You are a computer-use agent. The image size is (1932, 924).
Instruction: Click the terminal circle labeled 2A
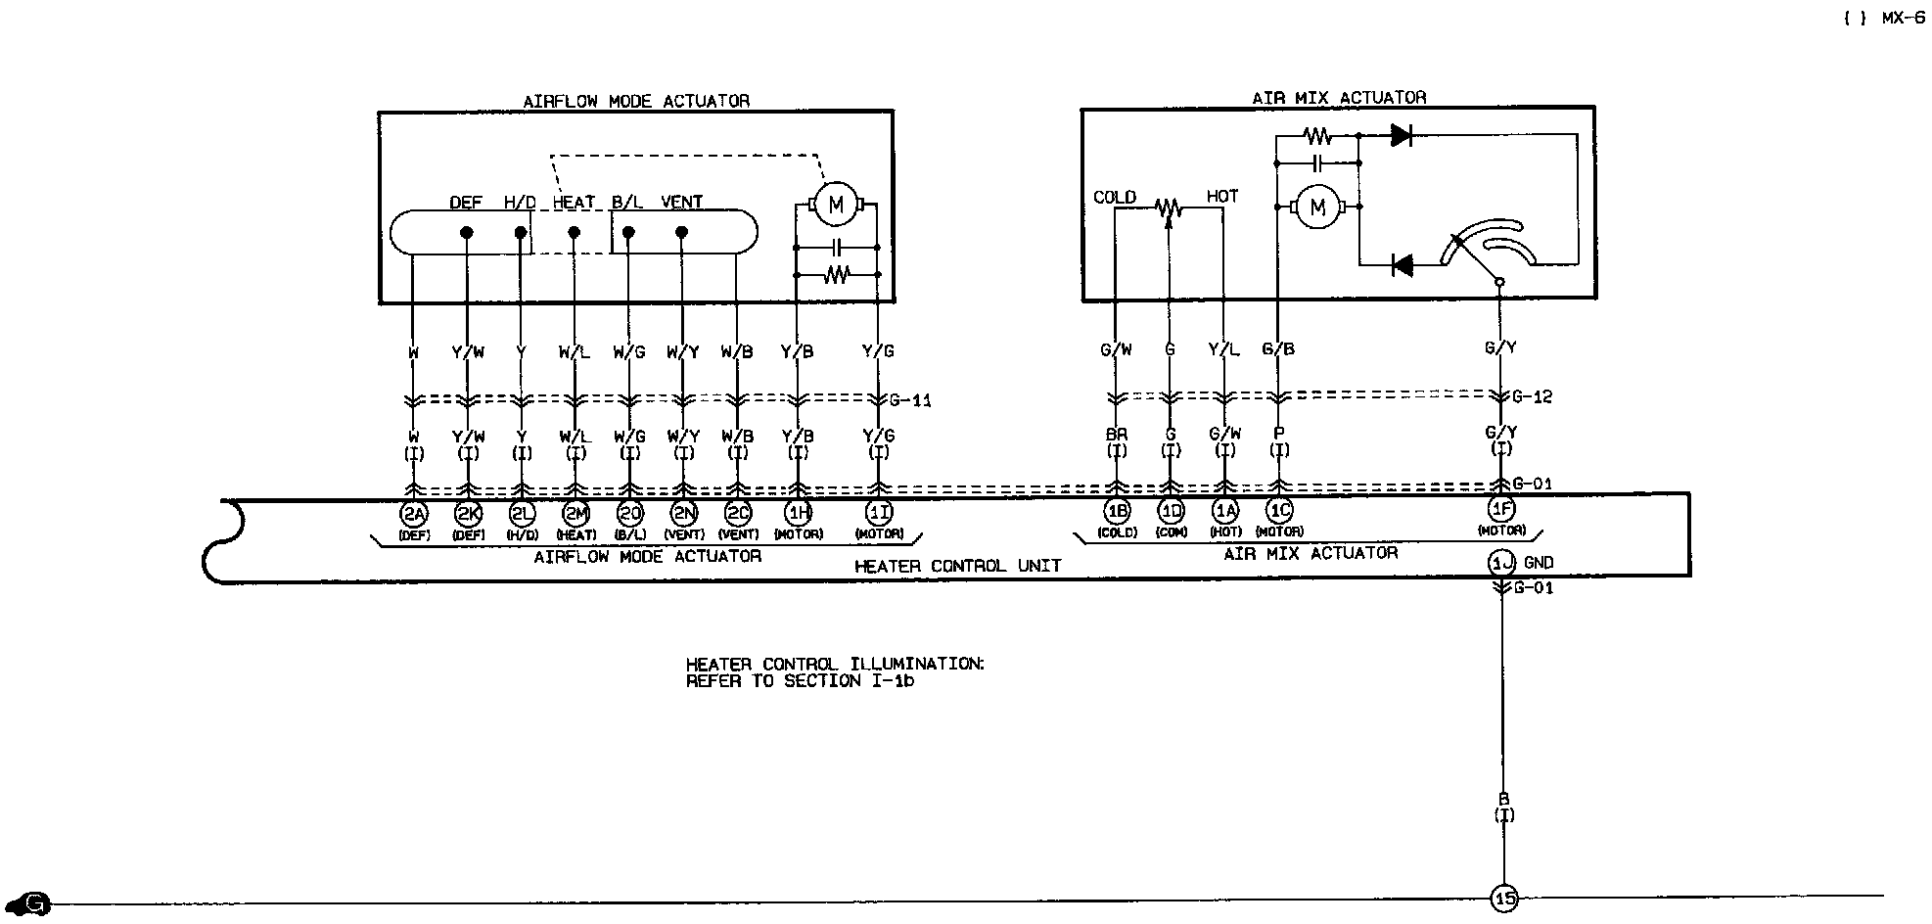pyautogui.click(x=414, y=512)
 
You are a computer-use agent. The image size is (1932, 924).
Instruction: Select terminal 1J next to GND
pyautogui.click(x=1501, y=563)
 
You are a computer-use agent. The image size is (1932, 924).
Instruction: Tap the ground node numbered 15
pyautogui.click(x=1503, y=898)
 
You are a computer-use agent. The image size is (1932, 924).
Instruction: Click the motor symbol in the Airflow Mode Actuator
pyautogui.click(x=835, y=206)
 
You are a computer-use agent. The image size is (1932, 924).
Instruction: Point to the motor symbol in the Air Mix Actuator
pyautogui.click(x=1317, y=207)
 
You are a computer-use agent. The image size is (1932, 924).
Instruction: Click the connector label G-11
pyautogui.click(x=911, y=400)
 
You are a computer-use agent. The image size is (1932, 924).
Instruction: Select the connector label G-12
pyautogui.click(x=1532, y=396)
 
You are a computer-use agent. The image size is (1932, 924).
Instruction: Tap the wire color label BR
pyautogui.click(x=1116, y=435)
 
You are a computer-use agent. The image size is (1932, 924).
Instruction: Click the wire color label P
pyautogui.click(x=1278, y=434)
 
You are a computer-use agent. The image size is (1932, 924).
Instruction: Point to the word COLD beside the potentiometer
pyautogui.click(x=1115, y=198)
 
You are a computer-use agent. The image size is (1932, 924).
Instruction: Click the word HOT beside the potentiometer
pyautogui.click(x=1222, y=197)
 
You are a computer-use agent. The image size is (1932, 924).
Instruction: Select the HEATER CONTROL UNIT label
pyautogui.click(x=957, y=566)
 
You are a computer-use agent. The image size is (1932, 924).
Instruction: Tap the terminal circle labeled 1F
pyautogui.click(x=1501, y=509)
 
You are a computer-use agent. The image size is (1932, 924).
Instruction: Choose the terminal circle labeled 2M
pyautogui.click(x=575, y=512)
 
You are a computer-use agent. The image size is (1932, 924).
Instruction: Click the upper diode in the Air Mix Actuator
pyautogui.click(x=1402, y=136)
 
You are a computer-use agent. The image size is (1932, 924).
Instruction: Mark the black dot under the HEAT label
pyautogui.click(x=575, y=233)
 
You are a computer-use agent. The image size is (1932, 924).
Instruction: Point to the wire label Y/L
pyautogui.click(x=1223, y=349)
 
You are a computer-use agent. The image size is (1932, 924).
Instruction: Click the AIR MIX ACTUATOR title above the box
pyautogui.click(x=1339, y=98)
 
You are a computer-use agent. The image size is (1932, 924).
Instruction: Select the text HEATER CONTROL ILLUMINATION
pyautogui.click(x=835, y=664)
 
